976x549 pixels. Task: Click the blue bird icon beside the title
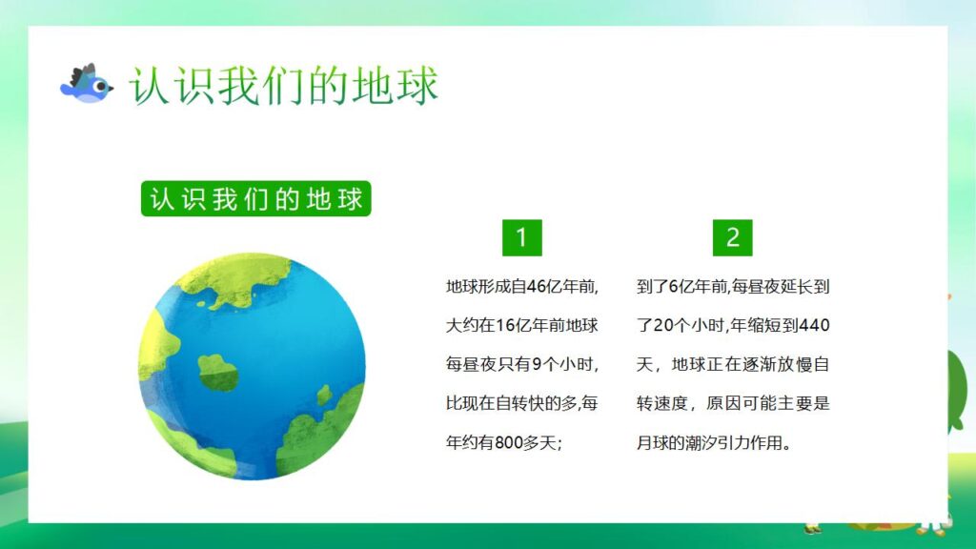pyautogui.click(x=86, y=85)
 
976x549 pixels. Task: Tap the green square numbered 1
pyautogui.click(x=521, y=237)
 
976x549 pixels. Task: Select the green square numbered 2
pyautogui.click(x=732, y=237)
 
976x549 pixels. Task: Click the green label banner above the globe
pyautogui.click(x=255, y=200)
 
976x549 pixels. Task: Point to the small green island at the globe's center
pyautogui.click(x=218, y=372)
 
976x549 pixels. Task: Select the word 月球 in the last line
pyautogui.click(x=652, y=443)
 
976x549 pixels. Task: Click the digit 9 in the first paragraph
pyautogui.click(x=538, y=364)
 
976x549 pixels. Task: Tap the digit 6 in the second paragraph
pyautogui.click(x=674, y=286)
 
